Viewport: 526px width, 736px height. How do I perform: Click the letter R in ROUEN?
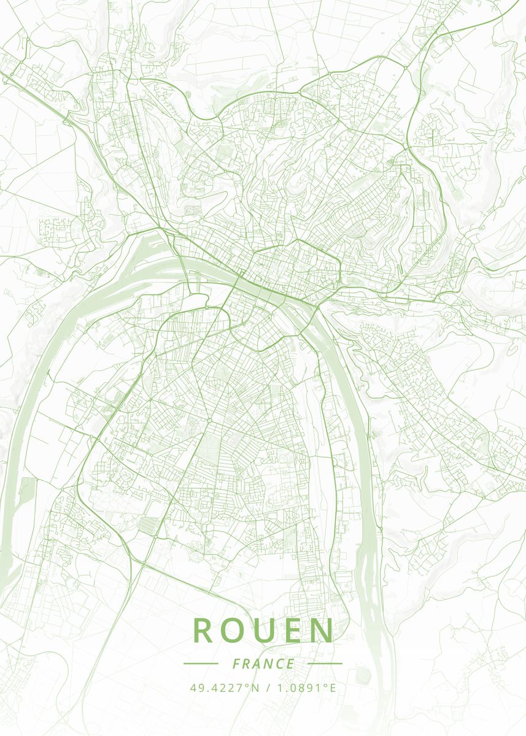coord(204,630)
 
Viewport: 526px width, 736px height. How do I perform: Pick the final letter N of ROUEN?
coord(322,630)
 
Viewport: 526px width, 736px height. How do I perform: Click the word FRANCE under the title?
coord(263,664)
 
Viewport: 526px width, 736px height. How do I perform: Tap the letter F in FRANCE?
coord(237,664)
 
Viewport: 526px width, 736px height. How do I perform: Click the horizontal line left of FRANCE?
coord(201,664)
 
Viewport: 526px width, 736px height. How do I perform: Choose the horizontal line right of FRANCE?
coord(325,664)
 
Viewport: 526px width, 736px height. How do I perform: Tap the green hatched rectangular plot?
coord(148,525)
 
